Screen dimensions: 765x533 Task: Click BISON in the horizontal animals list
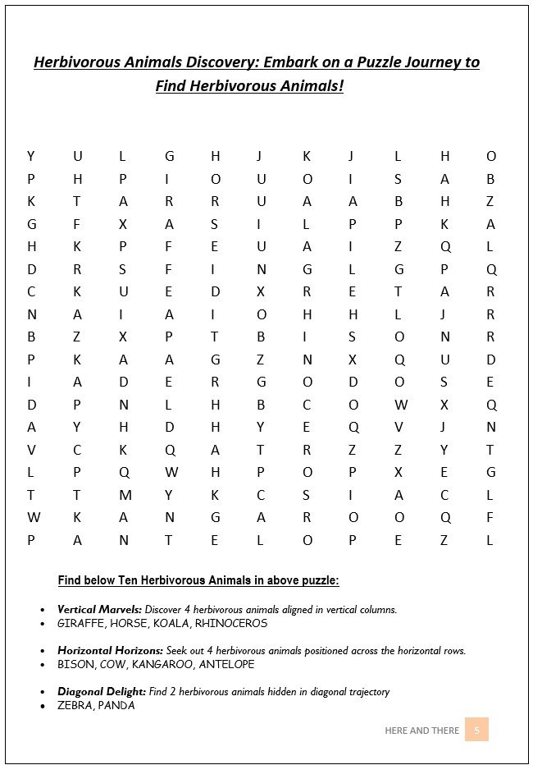click(x=75, y=664)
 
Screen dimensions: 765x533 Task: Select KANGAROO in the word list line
click(x=162, y=664)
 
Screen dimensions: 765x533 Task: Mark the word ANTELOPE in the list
click(x=225, y=664)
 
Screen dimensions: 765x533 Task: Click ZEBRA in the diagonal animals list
click(x=75, y=705)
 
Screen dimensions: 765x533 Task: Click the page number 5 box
click(x=476, y=730)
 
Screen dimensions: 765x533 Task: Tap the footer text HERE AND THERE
click(x=421, y=731)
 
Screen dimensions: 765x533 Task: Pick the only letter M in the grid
click(x=125, y=495)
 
